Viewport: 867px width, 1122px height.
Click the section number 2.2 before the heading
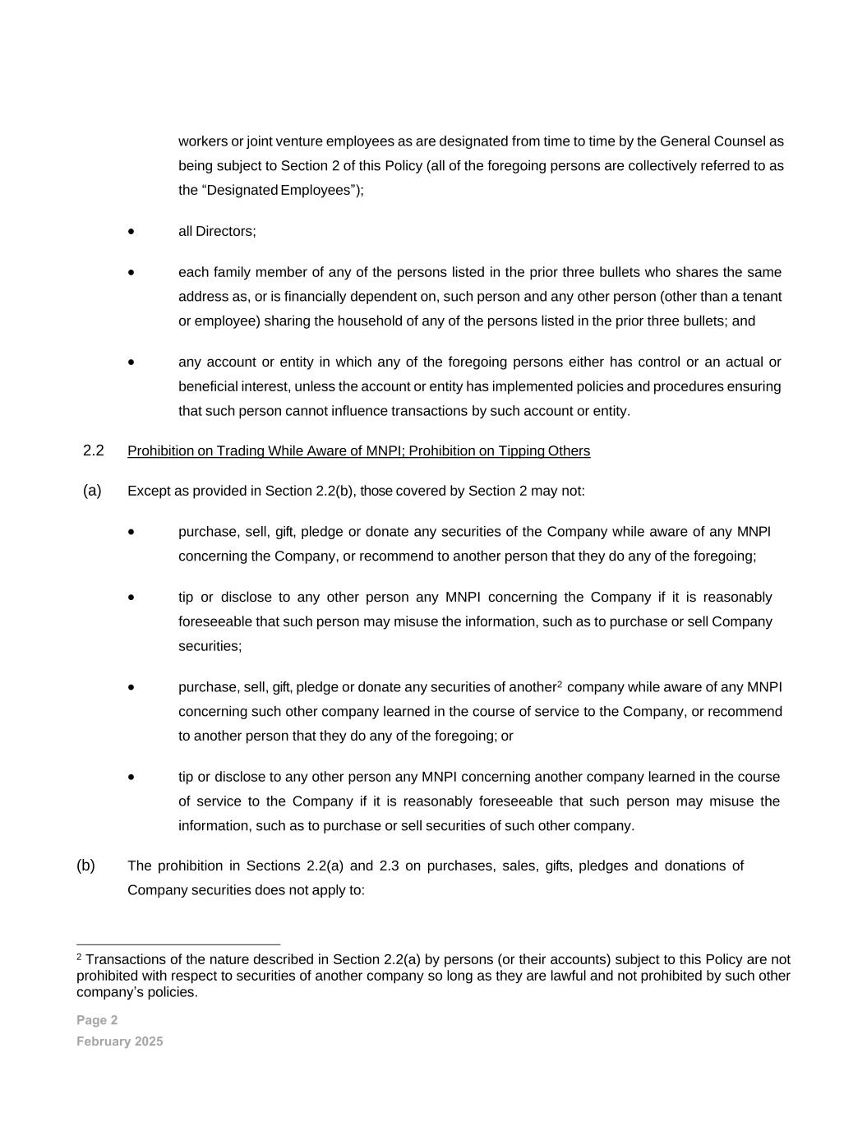(x=94, y=450)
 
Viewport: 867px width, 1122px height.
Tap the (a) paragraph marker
(x=92, y=491)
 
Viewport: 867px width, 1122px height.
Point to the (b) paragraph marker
(x=85, y=866)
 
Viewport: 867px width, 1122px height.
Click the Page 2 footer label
(x=97, y=1020)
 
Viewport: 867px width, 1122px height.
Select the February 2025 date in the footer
(x=120, y=1041)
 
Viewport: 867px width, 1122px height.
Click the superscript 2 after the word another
(x=560, y=684)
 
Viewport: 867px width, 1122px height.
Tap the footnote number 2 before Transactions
(x=80, y=958)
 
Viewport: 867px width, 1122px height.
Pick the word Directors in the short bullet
(x=225, y=232)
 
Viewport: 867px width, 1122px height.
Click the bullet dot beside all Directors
(x=131, y=233)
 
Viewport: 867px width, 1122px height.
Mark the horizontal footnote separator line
(x=178, y=944)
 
